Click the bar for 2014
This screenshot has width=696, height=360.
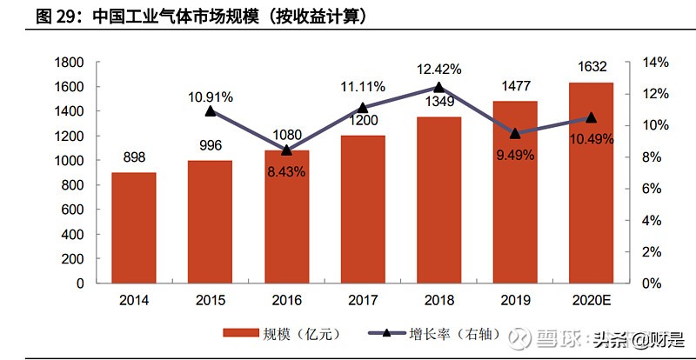(134, 228)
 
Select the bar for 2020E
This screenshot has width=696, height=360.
(591, 183)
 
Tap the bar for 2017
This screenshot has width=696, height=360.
(363, 209)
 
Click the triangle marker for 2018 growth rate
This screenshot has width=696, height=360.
(438, 87)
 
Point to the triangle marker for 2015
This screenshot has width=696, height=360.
(211, 111)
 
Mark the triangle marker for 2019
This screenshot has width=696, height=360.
(515, 133)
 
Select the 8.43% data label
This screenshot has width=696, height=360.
(286, 172)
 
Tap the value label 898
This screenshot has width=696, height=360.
(134, 157)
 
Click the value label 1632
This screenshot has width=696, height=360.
(591, 67)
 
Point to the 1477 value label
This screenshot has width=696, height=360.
(515, 86)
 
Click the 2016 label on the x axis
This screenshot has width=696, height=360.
(286, 300)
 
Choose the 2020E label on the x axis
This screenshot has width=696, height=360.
(591, 300)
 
